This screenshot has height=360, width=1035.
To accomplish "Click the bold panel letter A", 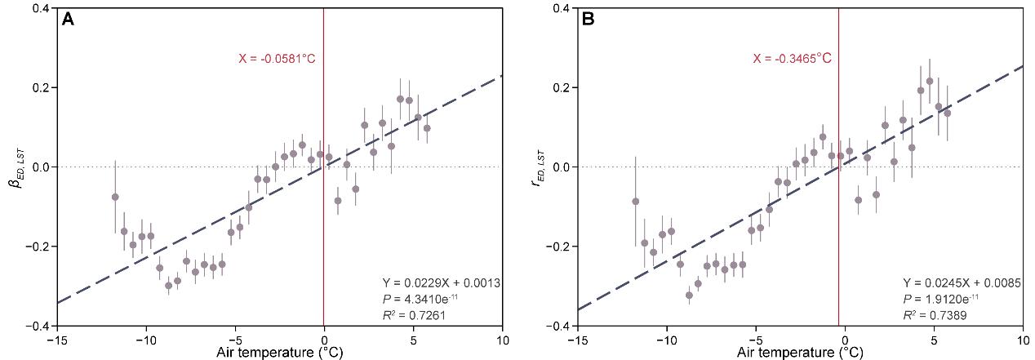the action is (68, 20).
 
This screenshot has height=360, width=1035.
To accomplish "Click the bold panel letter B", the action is (588, 20).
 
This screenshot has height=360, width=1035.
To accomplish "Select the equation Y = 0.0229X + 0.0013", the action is (442, 282).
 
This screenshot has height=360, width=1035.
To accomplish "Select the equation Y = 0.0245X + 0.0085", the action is (962, 282).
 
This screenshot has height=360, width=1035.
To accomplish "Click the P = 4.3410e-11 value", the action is (420, 299).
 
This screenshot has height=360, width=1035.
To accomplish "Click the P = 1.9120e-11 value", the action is (941, 299).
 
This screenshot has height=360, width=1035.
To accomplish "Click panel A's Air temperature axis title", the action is (279, 353).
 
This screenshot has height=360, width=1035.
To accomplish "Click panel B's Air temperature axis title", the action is (800, 353).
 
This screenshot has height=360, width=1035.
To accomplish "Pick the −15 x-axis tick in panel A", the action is (57, 340).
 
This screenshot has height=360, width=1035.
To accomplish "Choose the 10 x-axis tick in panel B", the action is (1023, 340).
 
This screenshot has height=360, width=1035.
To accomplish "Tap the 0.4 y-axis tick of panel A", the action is (43, 8).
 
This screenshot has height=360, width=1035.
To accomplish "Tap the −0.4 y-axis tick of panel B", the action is (559, 326).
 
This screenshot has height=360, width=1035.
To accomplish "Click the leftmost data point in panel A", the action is (115, 197).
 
